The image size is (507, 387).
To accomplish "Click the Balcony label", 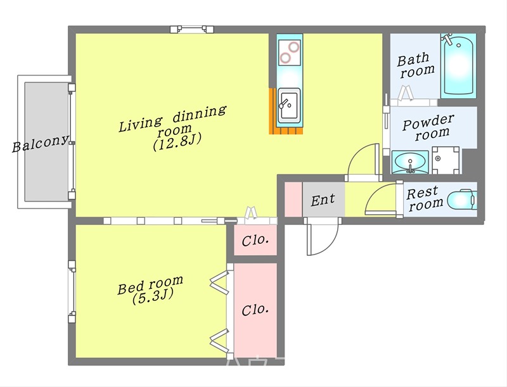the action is (x=41, y=143).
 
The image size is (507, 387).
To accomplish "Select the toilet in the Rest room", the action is (x=462, y=200).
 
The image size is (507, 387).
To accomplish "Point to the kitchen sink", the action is (x=290, y=105).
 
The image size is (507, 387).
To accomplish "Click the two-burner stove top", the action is (x=290, y=53).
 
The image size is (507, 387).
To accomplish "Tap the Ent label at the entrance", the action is (x=323, y=200).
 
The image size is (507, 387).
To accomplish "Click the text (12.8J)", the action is (x=177, y=143).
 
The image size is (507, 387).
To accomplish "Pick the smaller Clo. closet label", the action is (x=255, y=240).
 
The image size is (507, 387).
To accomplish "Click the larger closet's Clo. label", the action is (x=255, y=310).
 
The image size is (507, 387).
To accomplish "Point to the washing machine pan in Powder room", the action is (x=446, y=160).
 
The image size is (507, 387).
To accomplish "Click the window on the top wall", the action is (x=192, y=29).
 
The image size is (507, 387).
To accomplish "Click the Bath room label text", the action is (x=416, y=65).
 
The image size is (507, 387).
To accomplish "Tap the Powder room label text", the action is (x=428, y=127).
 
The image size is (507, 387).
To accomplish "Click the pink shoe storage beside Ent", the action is (x=293, y=200).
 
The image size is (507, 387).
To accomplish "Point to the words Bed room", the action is (x=150, y=285).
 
